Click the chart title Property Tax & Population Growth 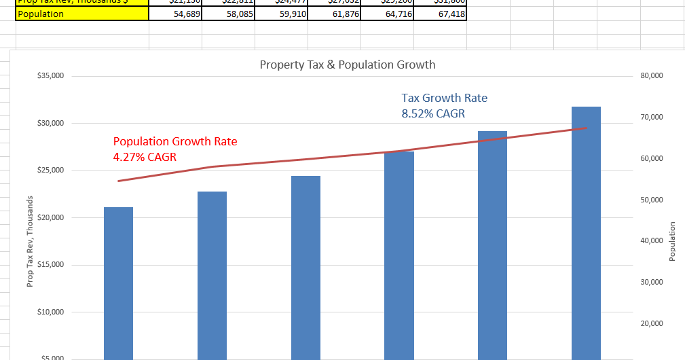coord(347,65)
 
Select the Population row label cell coord(81,14)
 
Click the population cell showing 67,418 coord(439,14)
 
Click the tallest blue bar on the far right coord(585,231)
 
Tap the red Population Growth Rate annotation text coord(175,141)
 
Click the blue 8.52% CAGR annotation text coord(433,113)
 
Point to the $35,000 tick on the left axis coord(50,76)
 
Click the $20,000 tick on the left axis coord(50,217)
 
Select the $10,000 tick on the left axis coord(50,312)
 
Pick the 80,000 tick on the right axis coord(652,76)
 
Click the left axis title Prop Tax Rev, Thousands coord(30,241)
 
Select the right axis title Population coord(672,241)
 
